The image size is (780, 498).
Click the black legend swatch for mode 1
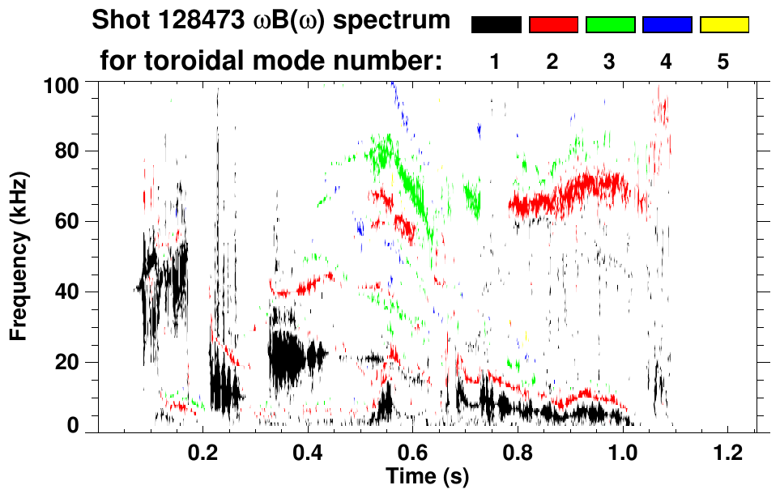pyautogui.click(x=497, y=25)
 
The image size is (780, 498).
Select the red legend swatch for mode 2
pyautogui.click(x=553, y=25)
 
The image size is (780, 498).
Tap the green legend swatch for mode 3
pyautogui.click(x=610, y=25)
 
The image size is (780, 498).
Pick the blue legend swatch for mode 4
pyautogui.click(x=667, y=25)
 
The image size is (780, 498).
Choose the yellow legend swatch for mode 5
pyautogui.click(x=723, y=25)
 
